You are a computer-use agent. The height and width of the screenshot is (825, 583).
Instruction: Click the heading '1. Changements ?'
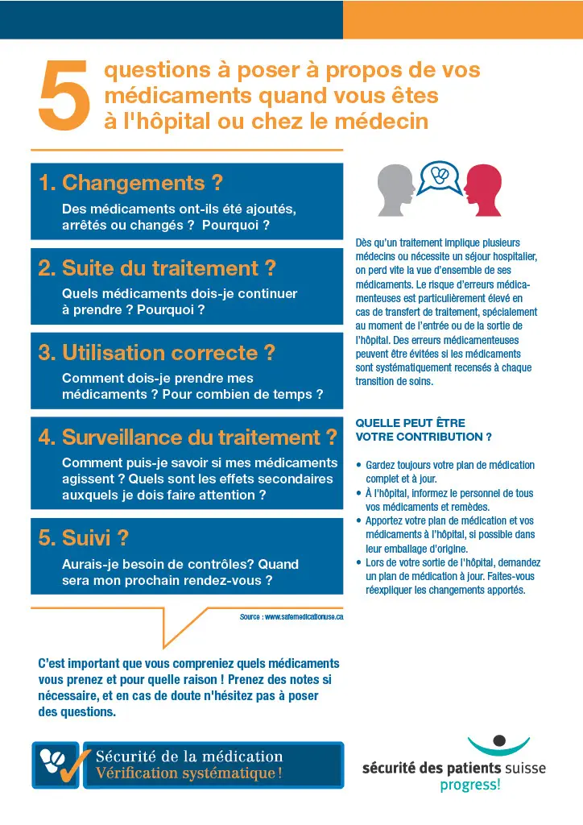[x=130, y=183]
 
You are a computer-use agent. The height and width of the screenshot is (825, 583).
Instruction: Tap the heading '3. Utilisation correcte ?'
[x=157, y=352]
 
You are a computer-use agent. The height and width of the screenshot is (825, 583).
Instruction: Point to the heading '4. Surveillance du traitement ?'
[x=188, y=437]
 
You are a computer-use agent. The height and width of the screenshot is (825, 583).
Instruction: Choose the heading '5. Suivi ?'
[x=84, y=537]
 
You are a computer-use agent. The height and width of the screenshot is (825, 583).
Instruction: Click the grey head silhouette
[x=395, y=190]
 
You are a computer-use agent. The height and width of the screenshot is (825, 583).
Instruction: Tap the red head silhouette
[x=483, y=190]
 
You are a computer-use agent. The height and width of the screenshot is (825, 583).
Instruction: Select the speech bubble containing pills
[x=440, y=177]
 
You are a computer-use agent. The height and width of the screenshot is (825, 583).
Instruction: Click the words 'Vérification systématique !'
[x=189, y=773]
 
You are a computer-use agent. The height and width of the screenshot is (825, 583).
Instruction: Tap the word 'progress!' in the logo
[x=469, y=785]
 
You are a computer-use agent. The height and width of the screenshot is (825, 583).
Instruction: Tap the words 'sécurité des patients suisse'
[x=453, y=768]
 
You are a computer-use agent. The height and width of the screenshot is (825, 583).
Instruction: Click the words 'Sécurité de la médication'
[x=189, y=757]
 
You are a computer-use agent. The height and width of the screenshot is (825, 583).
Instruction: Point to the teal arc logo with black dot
[x=499, y=744]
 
